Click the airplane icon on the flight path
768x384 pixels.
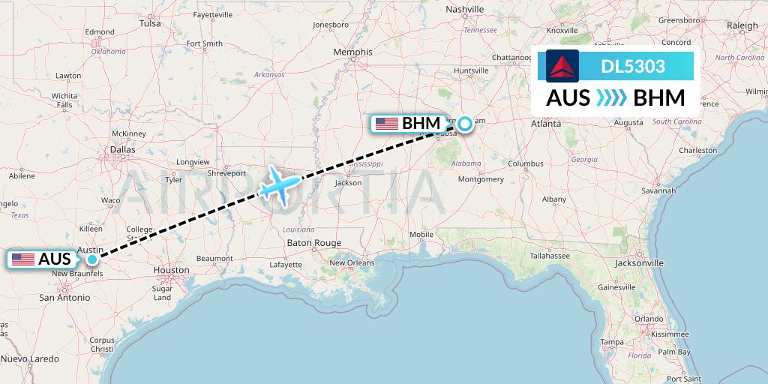pyautogui.click(x=280, y=184)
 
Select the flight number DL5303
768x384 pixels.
pyautogui.click(x=633, y=66)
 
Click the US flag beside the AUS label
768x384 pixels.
pyautogui.click(x=23, y=259)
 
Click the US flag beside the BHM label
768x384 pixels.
pyautogui.click(x=387, y=124)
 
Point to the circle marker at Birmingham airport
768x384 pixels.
pyautogui.click(x=466, y=124)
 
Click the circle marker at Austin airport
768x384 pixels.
pyautogui.click(x=91, y=259)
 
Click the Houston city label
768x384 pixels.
pyautogui.click(x=171, y=270)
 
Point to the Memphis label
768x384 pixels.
pyautogui.click(x=352, y=52)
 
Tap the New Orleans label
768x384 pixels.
pyautogui.click(x=352, y=262)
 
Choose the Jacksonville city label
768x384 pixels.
pyautogui.click(x=638, y=263)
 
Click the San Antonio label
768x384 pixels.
pyautogui.click(x=64, y=298)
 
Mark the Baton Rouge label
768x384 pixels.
pyautogui.click(x=314, y=243)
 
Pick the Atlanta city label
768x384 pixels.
pyautogui.click(x=546, y=124)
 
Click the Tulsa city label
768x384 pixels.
pyautogui.click(x=150, y=23)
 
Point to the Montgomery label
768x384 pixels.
pyautogui.click(x=481, y=179)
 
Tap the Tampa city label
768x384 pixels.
pyautogui.click(x=613, y=342)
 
